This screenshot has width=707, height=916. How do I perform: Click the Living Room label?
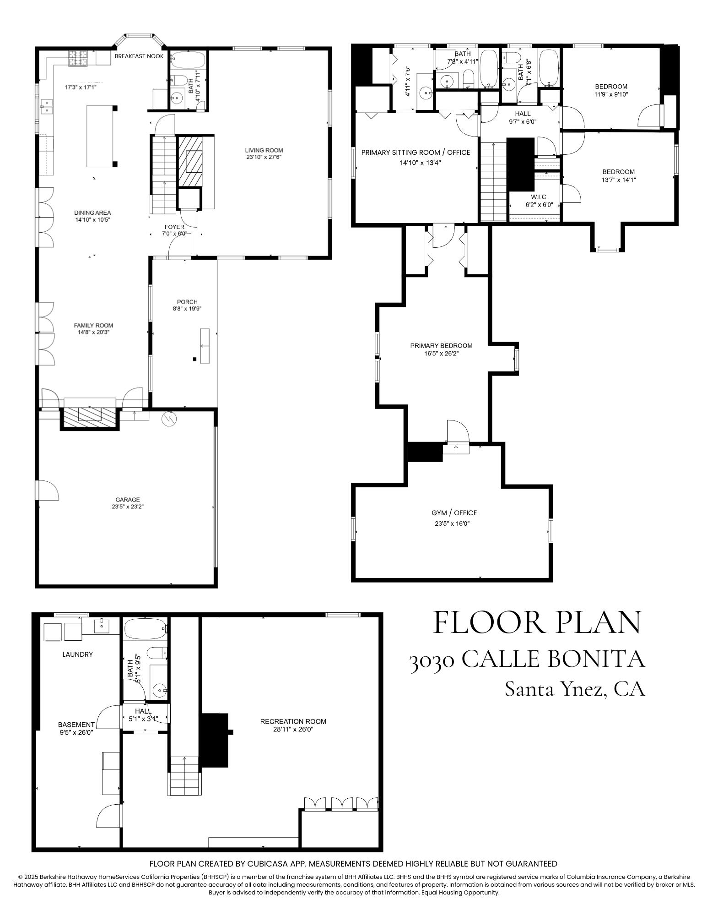264,150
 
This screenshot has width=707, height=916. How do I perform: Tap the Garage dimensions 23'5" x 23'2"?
127,507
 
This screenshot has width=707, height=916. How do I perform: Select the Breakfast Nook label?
139,56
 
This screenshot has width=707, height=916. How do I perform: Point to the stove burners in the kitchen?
78,58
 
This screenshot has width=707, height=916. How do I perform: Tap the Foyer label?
174,227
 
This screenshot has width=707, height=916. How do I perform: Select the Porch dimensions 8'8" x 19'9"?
187,309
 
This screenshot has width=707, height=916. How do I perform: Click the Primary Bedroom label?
441,346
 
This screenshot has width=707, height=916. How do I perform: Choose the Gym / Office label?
454,513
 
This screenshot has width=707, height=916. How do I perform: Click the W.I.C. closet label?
536,197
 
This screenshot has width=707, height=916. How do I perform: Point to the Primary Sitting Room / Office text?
416,153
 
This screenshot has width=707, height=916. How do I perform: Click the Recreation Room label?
293,721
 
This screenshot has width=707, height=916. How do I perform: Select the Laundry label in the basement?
77,654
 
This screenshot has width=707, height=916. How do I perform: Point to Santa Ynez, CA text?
575,688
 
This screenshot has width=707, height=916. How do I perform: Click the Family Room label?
93,326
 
